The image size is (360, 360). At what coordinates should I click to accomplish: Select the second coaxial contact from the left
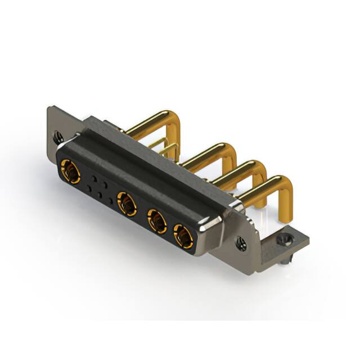(126, 201)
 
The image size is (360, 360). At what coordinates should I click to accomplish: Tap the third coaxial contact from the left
(157, 220)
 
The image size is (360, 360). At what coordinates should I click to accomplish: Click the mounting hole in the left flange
(57, 136)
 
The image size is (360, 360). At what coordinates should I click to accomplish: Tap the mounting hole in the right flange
(241, 244)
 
